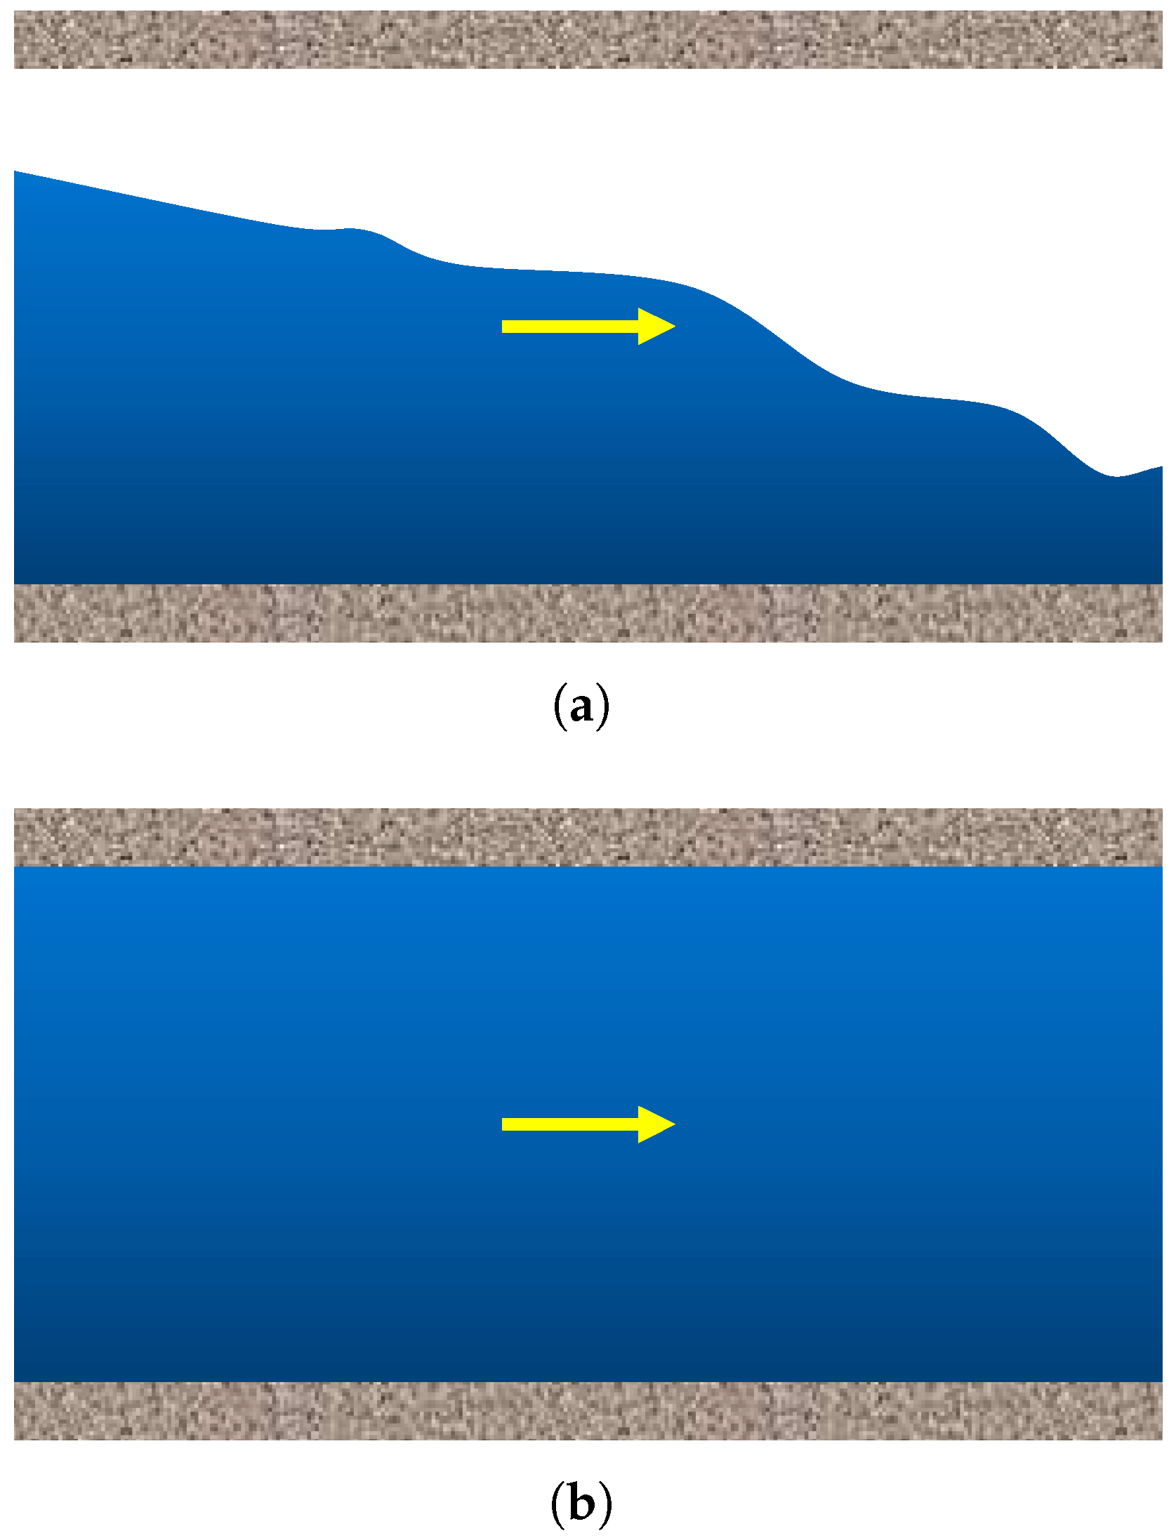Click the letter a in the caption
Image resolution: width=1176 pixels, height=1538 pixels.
point(581,708)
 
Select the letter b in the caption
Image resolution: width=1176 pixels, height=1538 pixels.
point(581,1504)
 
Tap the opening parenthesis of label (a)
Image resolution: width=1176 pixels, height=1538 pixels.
point(559,708)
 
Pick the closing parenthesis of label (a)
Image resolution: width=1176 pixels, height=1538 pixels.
point(604,708)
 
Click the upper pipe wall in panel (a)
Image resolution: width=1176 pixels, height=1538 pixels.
point(588,40)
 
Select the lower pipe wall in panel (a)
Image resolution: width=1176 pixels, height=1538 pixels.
point(588,612)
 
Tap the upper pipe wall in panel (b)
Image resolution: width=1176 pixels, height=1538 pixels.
point(588,837)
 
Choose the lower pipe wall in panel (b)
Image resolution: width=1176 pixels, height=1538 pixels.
point(588,1410)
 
